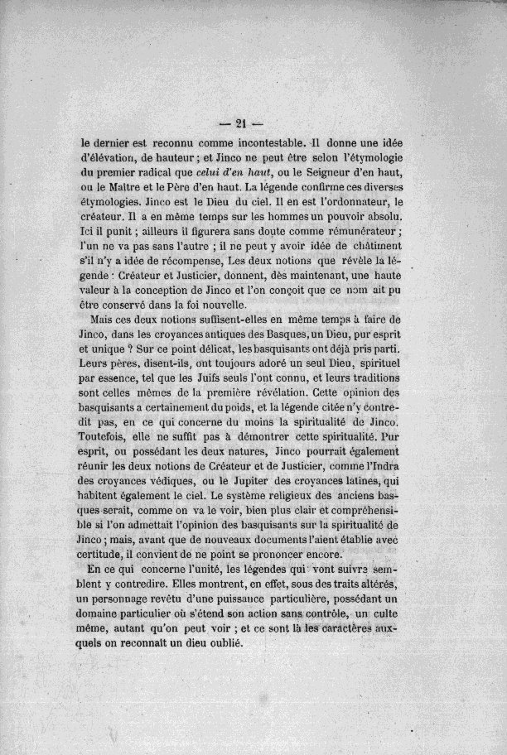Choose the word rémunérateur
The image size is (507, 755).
point(353,232)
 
